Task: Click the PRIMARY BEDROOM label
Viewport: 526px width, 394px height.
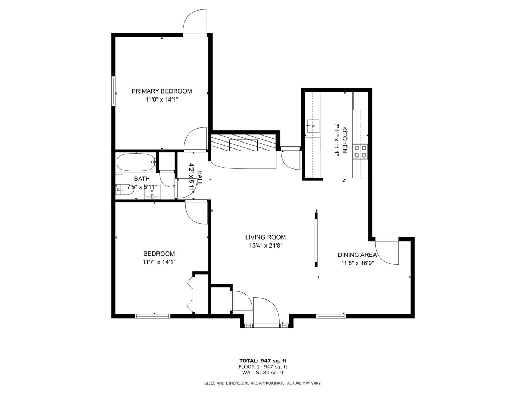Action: click(x=162, y=91)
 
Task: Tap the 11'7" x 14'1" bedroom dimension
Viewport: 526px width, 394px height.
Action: click(x=159, y=262)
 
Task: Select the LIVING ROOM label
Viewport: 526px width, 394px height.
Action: click(x=265, y=237)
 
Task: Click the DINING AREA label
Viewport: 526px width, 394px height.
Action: click(x=357, y=255)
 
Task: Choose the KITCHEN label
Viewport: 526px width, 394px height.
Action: click(x=345, y=140)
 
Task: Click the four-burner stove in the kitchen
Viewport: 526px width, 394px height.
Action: click(x=360, y=151)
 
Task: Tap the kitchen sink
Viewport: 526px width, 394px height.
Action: click(x=313, y=126)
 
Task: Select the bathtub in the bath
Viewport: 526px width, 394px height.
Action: click(x=136, y=162)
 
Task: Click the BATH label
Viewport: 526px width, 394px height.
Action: click(x=142, y=179)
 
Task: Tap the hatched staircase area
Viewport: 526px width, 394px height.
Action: click(x=243, y=142)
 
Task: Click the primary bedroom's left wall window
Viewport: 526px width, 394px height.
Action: click(x=113, y=91)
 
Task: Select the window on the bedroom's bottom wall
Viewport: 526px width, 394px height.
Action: click(x=153, y=316)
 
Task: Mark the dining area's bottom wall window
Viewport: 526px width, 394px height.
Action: click(x=331, y=316)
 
